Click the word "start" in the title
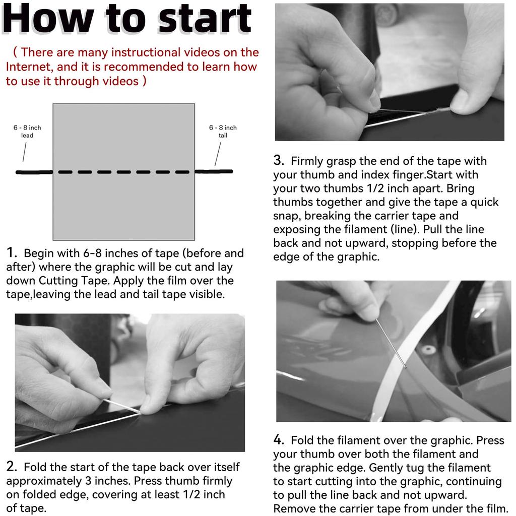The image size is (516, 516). tap(205, 19)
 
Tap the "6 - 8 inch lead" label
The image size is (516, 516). tap(27, 132)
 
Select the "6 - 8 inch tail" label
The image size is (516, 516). tap(223, 132)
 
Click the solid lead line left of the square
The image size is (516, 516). tap(34, 172)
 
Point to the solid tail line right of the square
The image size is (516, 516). tap(214, 171)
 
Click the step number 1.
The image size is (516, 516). tap(11, 253)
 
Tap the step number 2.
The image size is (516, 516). tap(11, 467)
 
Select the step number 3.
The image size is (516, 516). tap(278, 160)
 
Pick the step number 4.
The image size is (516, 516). tap(278, 439)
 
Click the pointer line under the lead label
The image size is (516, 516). tap(24, 152)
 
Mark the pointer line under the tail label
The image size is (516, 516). tap(218, 154)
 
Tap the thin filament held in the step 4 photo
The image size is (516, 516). tap(391, 343)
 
